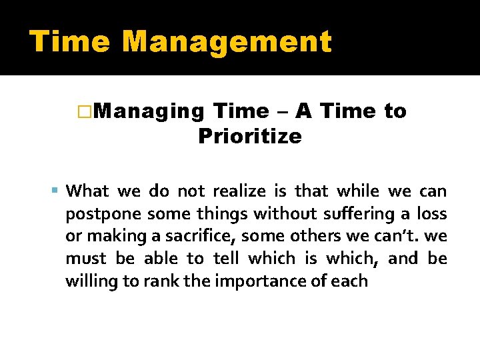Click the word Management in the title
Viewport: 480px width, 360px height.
[x=227, y=41]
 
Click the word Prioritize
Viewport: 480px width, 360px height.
[x=249, y=137]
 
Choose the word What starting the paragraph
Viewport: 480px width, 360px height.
[x=88, y=191]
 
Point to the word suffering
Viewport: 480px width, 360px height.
[x=364, y=214]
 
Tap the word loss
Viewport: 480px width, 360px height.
[x=431, y=214]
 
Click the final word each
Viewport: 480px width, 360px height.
[x=349, y=280]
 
